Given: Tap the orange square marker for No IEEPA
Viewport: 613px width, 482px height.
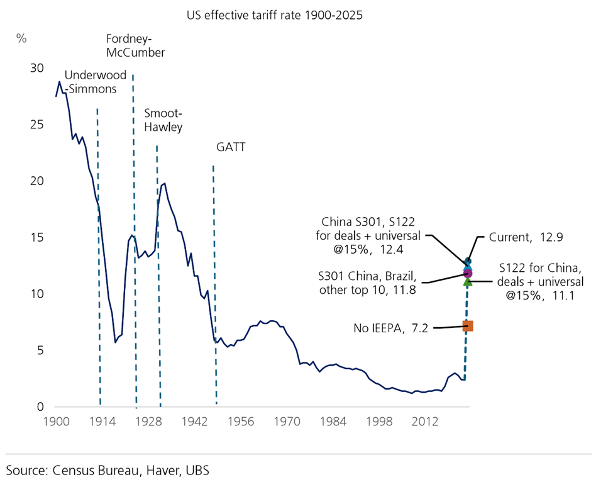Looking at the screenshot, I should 467,326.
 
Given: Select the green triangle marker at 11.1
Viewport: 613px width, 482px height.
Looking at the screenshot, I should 467,282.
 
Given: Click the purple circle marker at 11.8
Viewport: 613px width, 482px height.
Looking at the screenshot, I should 467,273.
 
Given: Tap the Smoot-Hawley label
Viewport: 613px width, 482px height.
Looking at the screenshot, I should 163,120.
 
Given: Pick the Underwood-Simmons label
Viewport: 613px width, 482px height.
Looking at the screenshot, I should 91,82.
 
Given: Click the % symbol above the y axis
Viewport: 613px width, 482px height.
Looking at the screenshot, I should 22,38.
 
